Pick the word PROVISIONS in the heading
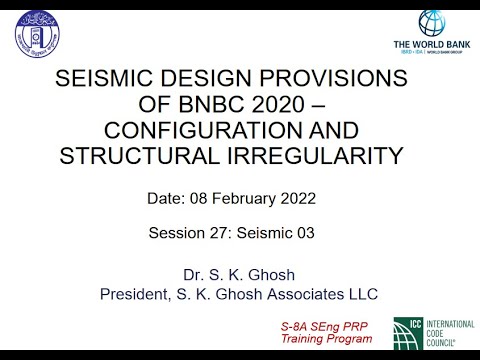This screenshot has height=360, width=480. tap(339, 80)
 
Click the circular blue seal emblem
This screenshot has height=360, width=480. tap(35, 32)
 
